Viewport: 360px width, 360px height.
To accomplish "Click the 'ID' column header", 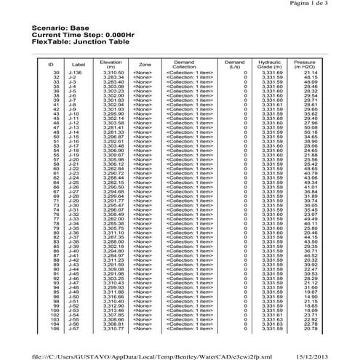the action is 57,64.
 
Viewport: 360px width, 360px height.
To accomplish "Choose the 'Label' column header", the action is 79,64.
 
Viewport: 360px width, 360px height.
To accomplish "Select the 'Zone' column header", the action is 145,64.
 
